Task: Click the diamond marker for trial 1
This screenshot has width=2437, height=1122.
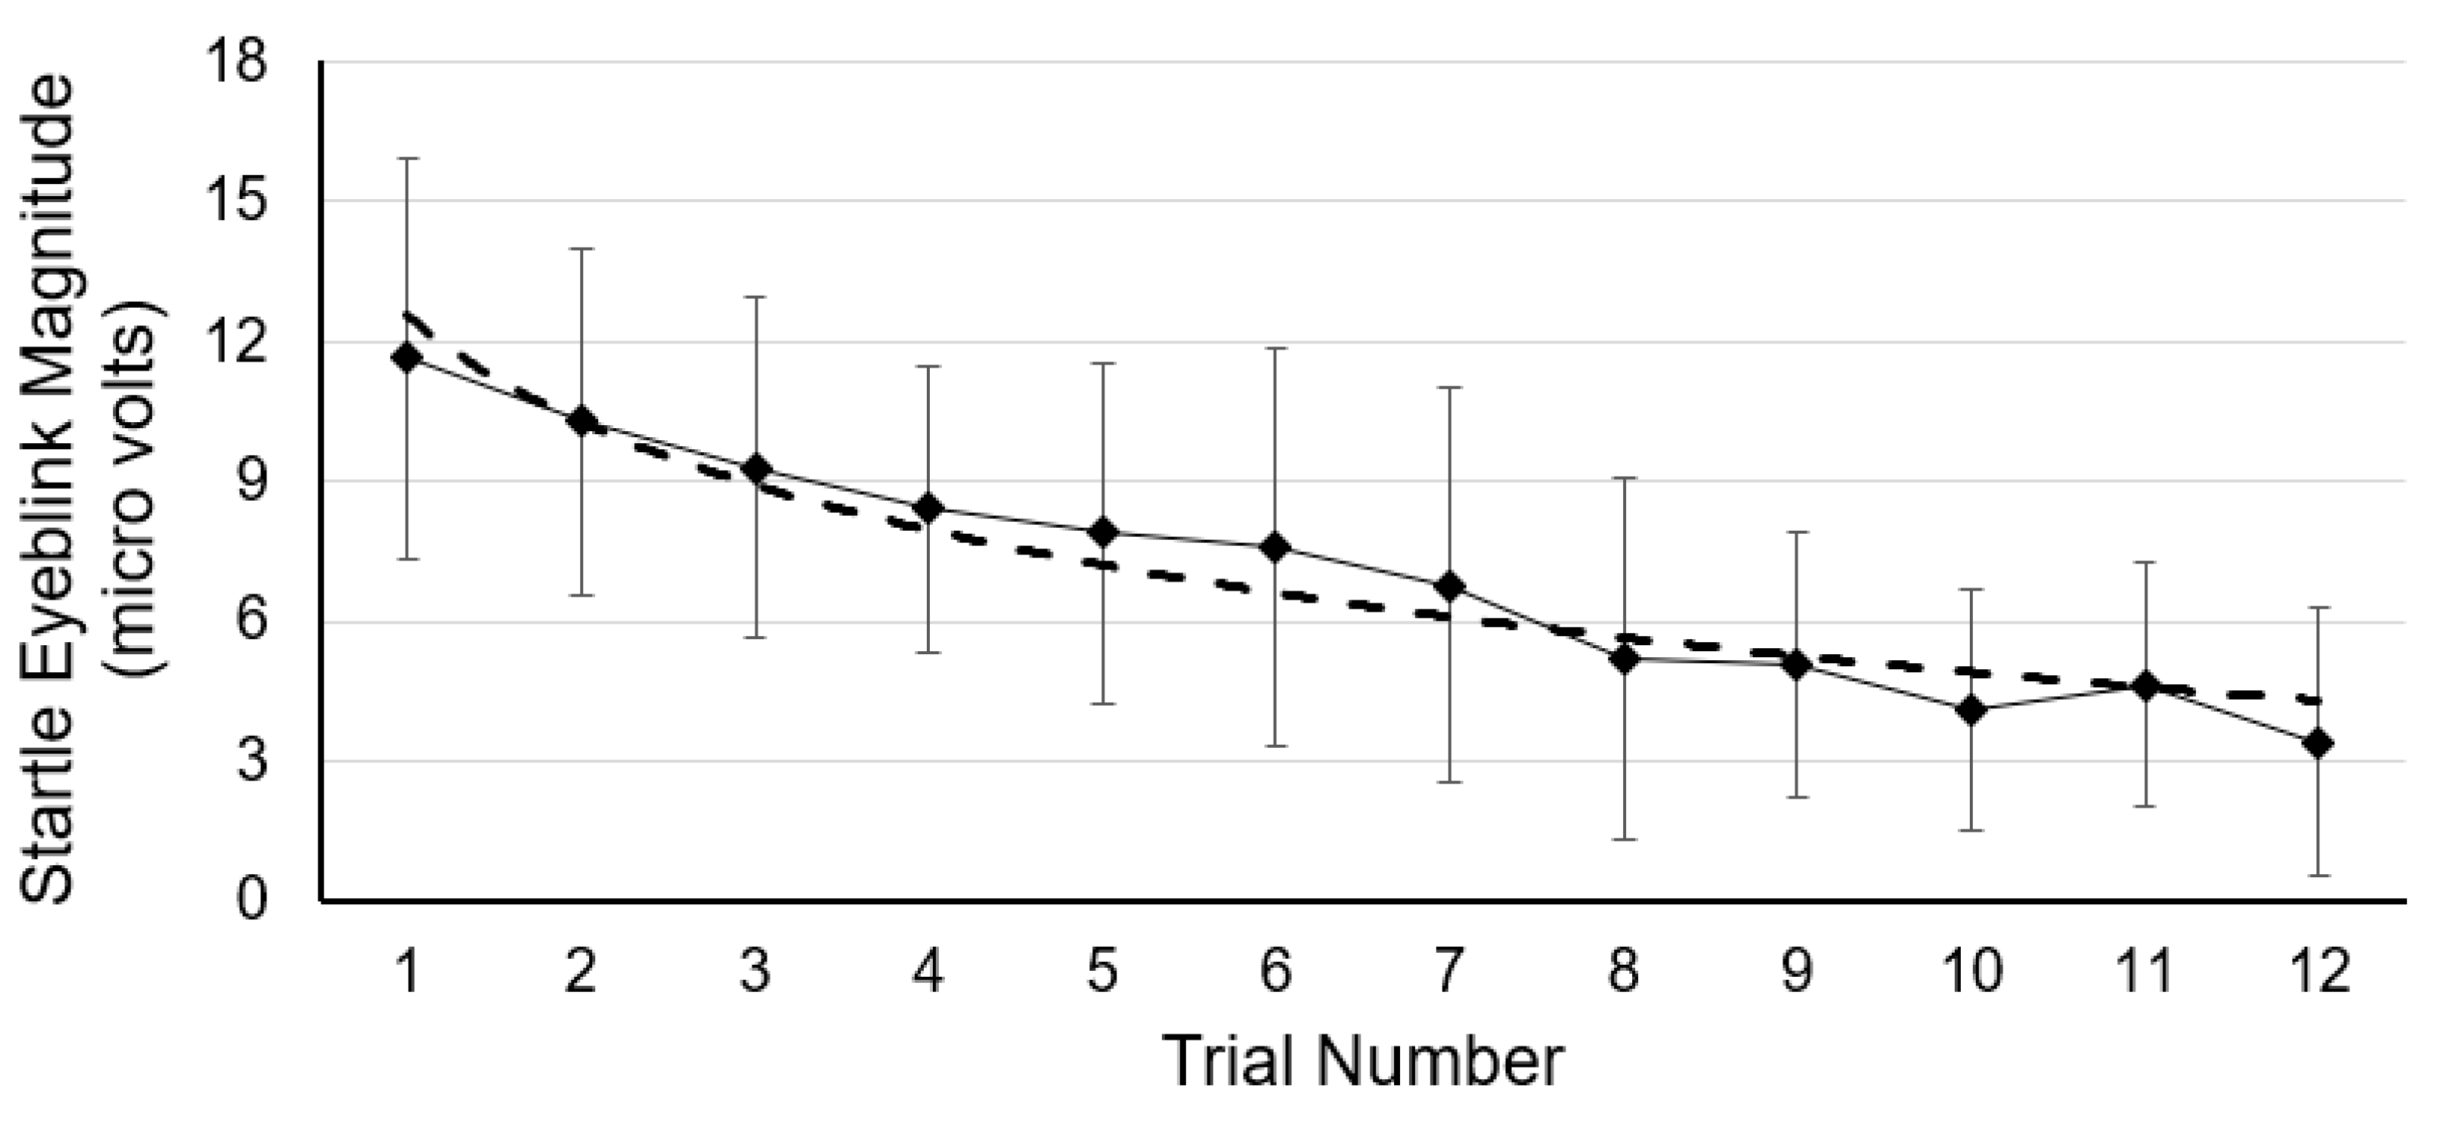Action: [408, 358]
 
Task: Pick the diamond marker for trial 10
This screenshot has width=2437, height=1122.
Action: [1971, 710]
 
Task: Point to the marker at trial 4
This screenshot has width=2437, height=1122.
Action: [929, 508]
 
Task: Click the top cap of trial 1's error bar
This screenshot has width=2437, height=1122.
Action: [408, 159]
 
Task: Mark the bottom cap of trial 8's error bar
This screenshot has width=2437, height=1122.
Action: [1625, 839]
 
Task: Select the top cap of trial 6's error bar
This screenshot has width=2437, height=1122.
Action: [1277, 348]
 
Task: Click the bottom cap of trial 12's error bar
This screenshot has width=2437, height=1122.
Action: [2318, 876]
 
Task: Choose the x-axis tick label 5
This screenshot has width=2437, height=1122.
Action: [1102, 972]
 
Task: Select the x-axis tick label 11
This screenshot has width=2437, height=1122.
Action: [2144, 972]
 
